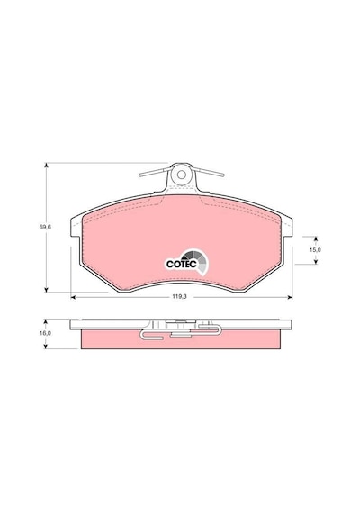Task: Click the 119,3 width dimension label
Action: [179, 297]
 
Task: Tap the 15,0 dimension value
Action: [315, 249]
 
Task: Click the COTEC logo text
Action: [181, 264]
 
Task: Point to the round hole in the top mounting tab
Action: [181, 175]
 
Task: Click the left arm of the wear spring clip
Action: [155, 172]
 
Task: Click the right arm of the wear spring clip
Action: [209, 172]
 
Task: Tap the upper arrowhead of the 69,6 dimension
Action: [47, 166]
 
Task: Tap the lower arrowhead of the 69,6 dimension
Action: [47, 289]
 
